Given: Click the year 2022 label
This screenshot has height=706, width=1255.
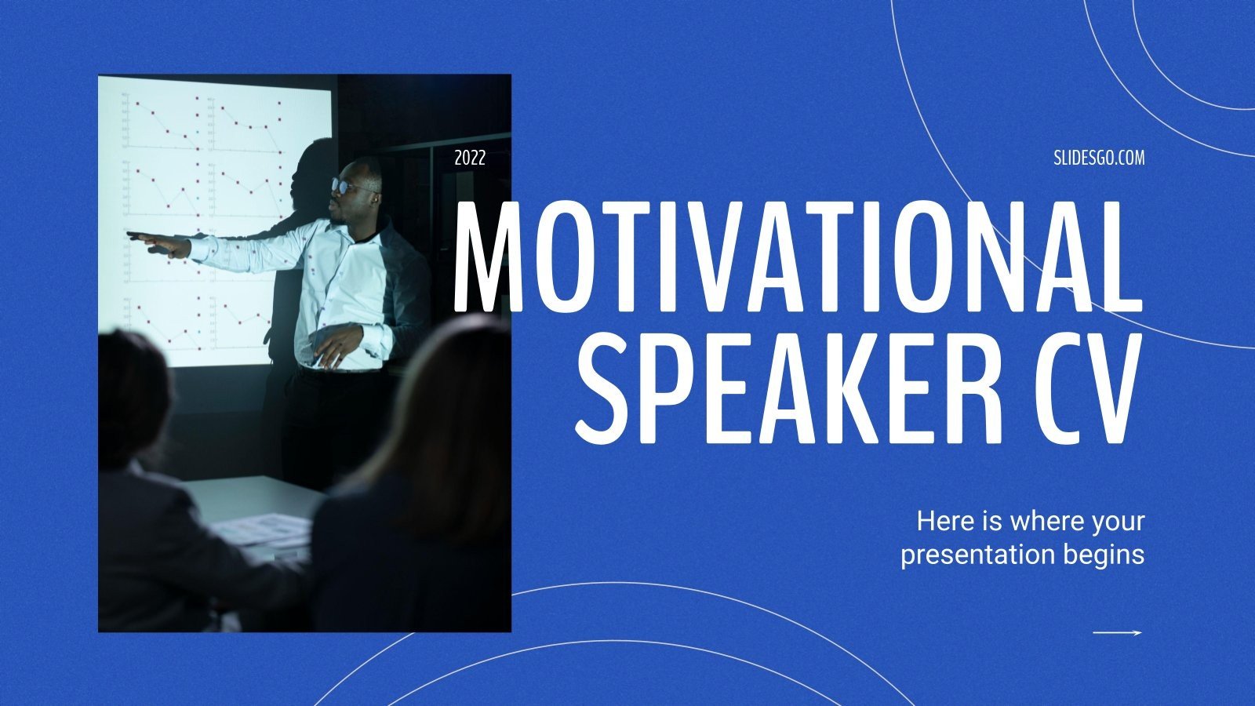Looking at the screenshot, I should [470, 158].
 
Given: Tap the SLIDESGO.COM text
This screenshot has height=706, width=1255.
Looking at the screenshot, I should [1098, 158].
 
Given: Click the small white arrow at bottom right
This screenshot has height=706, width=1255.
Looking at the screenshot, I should [1117, 632].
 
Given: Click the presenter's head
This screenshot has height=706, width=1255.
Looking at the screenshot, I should [357, 188].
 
